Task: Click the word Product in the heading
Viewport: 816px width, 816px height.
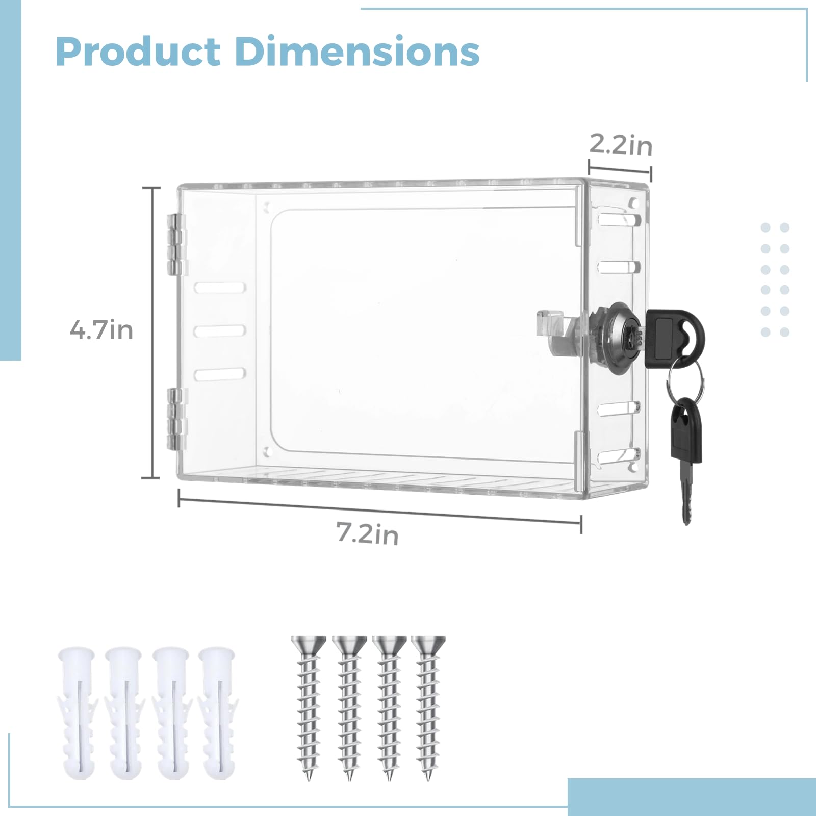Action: (138, 52)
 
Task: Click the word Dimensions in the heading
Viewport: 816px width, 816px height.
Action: (357, 52)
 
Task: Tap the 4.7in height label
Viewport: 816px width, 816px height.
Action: (101, 330)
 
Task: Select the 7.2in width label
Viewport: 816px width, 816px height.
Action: (367, 534)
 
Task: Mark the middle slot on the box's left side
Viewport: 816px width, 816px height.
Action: (219, 331)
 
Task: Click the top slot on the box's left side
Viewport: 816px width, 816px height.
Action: (219, 288)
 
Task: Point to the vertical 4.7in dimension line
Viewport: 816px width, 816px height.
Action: (151, 331)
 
